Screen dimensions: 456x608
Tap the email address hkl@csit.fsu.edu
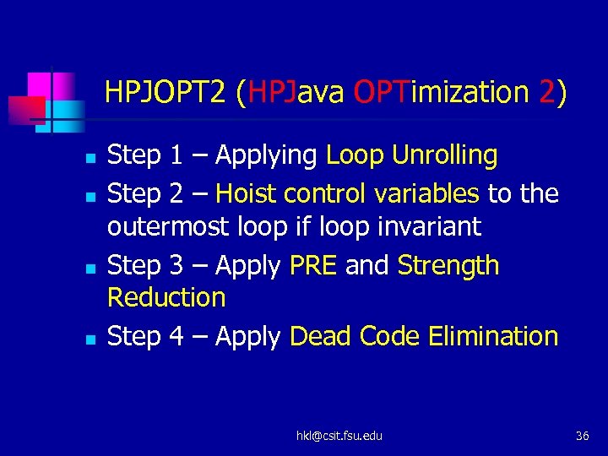coord(339,436)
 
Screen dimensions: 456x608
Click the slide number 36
coord(582,436)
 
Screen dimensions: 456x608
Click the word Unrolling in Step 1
coord(445,155)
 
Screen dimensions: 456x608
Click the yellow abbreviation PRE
coord(312,265)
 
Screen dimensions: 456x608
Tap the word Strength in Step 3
coord(448,265)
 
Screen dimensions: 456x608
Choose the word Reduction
coord(166,297)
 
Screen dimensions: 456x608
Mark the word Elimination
coord(493,336)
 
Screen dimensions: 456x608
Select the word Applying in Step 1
coord(267,156)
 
